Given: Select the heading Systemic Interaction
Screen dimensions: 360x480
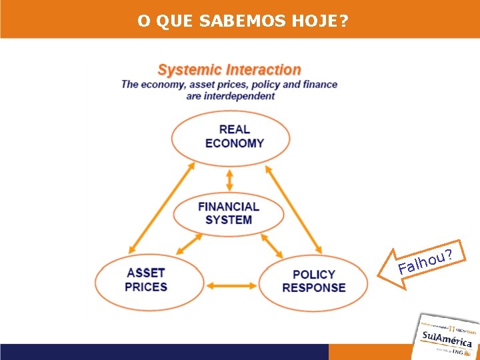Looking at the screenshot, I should pyautogui.click(x=229, y=69).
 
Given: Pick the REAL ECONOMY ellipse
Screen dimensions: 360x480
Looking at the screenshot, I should pyautogui.click(x=231, y=137).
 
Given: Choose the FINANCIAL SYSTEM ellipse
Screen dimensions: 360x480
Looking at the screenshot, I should pyautogui.click(x=229, y=213).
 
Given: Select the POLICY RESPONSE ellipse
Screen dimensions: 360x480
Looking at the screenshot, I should pyautogui.click(x=313, y=282).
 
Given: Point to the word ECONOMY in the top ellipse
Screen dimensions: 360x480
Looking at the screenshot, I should pyautogui.click(x=235, y=143).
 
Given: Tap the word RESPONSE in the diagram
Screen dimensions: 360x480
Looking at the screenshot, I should pyautogui.click(x=314, y=288).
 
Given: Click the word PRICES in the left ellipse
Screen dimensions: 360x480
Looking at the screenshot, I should pyautogui.click(x=146, y=287).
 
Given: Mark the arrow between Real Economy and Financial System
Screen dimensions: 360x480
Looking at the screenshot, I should pyautogui.click(x=230, y=179).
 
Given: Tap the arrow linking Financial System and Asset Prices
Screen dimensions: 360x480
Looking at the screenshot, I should pyautogui.click(x=189, y=243).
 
